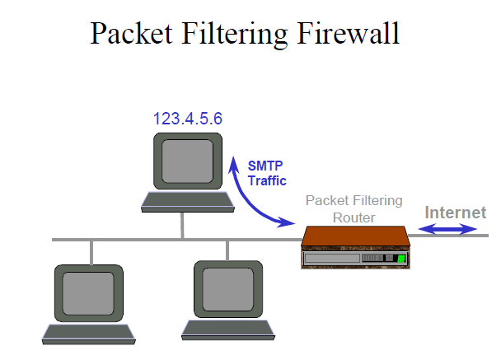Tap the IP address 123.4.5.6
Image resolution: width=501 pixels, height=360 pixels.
click(187, 119)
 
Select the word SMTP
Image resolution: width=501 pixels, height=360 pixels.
click(265, 166)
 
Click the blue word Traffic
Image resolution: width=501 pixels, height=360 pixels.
click(267, 180)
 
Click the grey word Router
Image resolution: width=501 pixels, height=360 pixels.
click(354, 217)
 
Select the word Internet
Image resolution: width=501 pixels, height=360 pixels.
click(455, 213)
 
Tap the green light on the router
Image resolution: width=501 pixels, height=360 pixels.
click(401, 259)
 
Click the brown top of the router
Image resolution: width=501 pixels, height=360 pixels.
click(354, 237)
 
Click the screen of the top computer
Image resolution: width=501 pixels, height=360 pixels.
click(185, 161)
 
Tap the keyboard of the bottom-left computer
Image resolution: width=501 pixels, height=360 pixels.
click(87, 334)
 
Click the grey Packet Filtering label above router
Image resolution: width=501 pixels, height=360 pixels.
click(354, 200)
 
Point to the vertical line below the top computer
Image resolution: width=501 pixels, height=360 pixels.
click(182, 225)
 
